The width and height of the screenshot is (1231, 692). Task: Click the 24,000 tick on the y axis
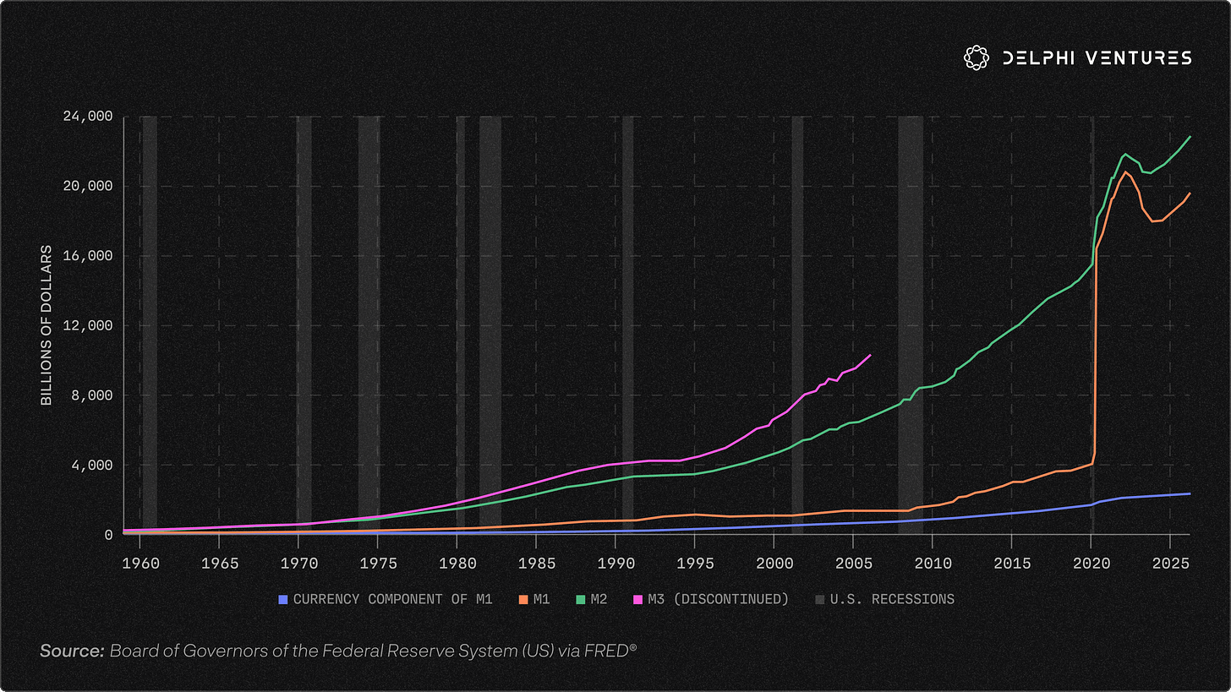point(88,117)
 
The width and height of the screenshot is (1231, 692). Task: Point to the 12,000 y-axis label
point(88,325)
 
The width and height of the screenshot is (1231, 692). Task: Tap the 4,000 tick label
point(92,466)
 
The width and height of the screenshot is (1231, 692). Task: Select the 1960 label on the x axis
point(140,564)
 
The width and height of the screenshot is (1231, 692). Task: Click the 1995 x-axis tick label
point(695,564)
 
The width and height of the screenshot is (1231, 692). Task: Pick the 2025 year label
point(1170,564)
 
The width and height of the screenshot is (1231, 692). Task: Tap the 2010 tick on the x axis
point(933,564)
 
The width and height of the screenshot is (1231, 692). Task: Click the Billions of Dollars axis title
point(47,325)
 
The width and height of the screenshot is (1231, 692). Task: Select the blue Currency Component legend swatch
point(283,599)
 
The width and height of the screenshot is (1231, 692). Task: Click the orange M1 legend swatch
point(523,599)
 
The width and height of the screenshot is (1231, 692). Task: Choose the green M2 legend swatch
point(580,599)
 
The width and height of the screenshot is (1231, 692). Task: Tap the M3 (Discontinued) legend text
point(719,599)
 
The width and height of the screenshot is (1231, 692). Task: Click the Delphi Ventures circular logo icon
point(976,57)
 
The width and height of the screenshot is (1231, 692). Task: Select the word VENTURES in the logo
point(1139,57)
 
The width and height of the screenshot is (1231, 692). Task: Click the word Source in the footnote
point(72,651)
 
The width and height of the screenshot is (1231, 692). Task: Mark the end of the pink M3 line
point(871,356)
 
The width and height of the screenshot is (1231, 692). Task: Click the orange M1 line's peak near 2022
point(1125,172)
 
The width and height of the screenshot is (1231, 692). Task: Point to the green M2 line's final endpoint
point(1190,137)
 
